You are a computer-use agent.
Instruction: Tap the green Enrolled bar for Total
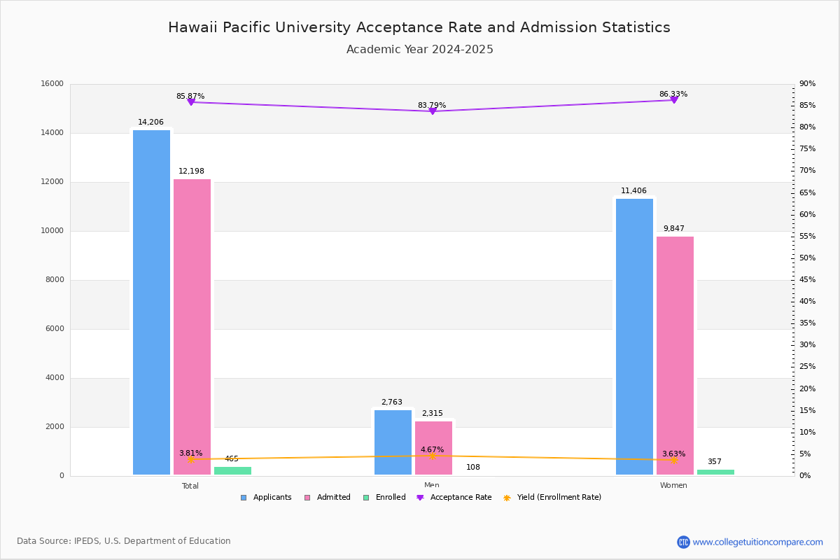232,470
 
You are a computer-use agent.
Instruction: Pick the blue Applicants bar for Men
393,442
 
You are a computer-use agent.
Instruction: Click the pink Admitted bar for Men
433,448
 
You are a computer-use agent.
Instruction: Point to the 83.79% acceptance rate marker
432,111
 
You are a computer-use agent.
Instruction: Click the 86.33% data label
673,94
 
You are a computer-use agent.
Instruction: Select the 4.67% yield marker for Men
432,456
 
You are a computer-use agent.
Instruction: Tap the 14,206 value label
150,122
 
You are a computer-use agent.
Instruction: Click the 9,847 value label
673,229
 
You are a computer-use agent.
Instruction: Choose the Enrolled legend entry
384,498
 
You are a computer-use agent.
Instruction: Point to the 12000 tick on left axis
52,182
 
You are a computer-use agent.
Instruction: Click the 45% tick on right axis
807,280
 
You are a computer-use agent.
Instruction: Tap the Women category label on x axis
673,486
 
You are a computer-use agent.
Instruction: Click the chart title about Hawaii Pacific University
419,28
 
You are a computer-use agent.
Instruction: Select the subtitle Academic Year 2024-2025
419,50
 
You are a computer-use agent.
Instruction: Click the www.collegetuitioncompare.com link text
757,542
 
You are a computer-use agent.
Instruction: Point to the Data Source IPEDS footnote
124,541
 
